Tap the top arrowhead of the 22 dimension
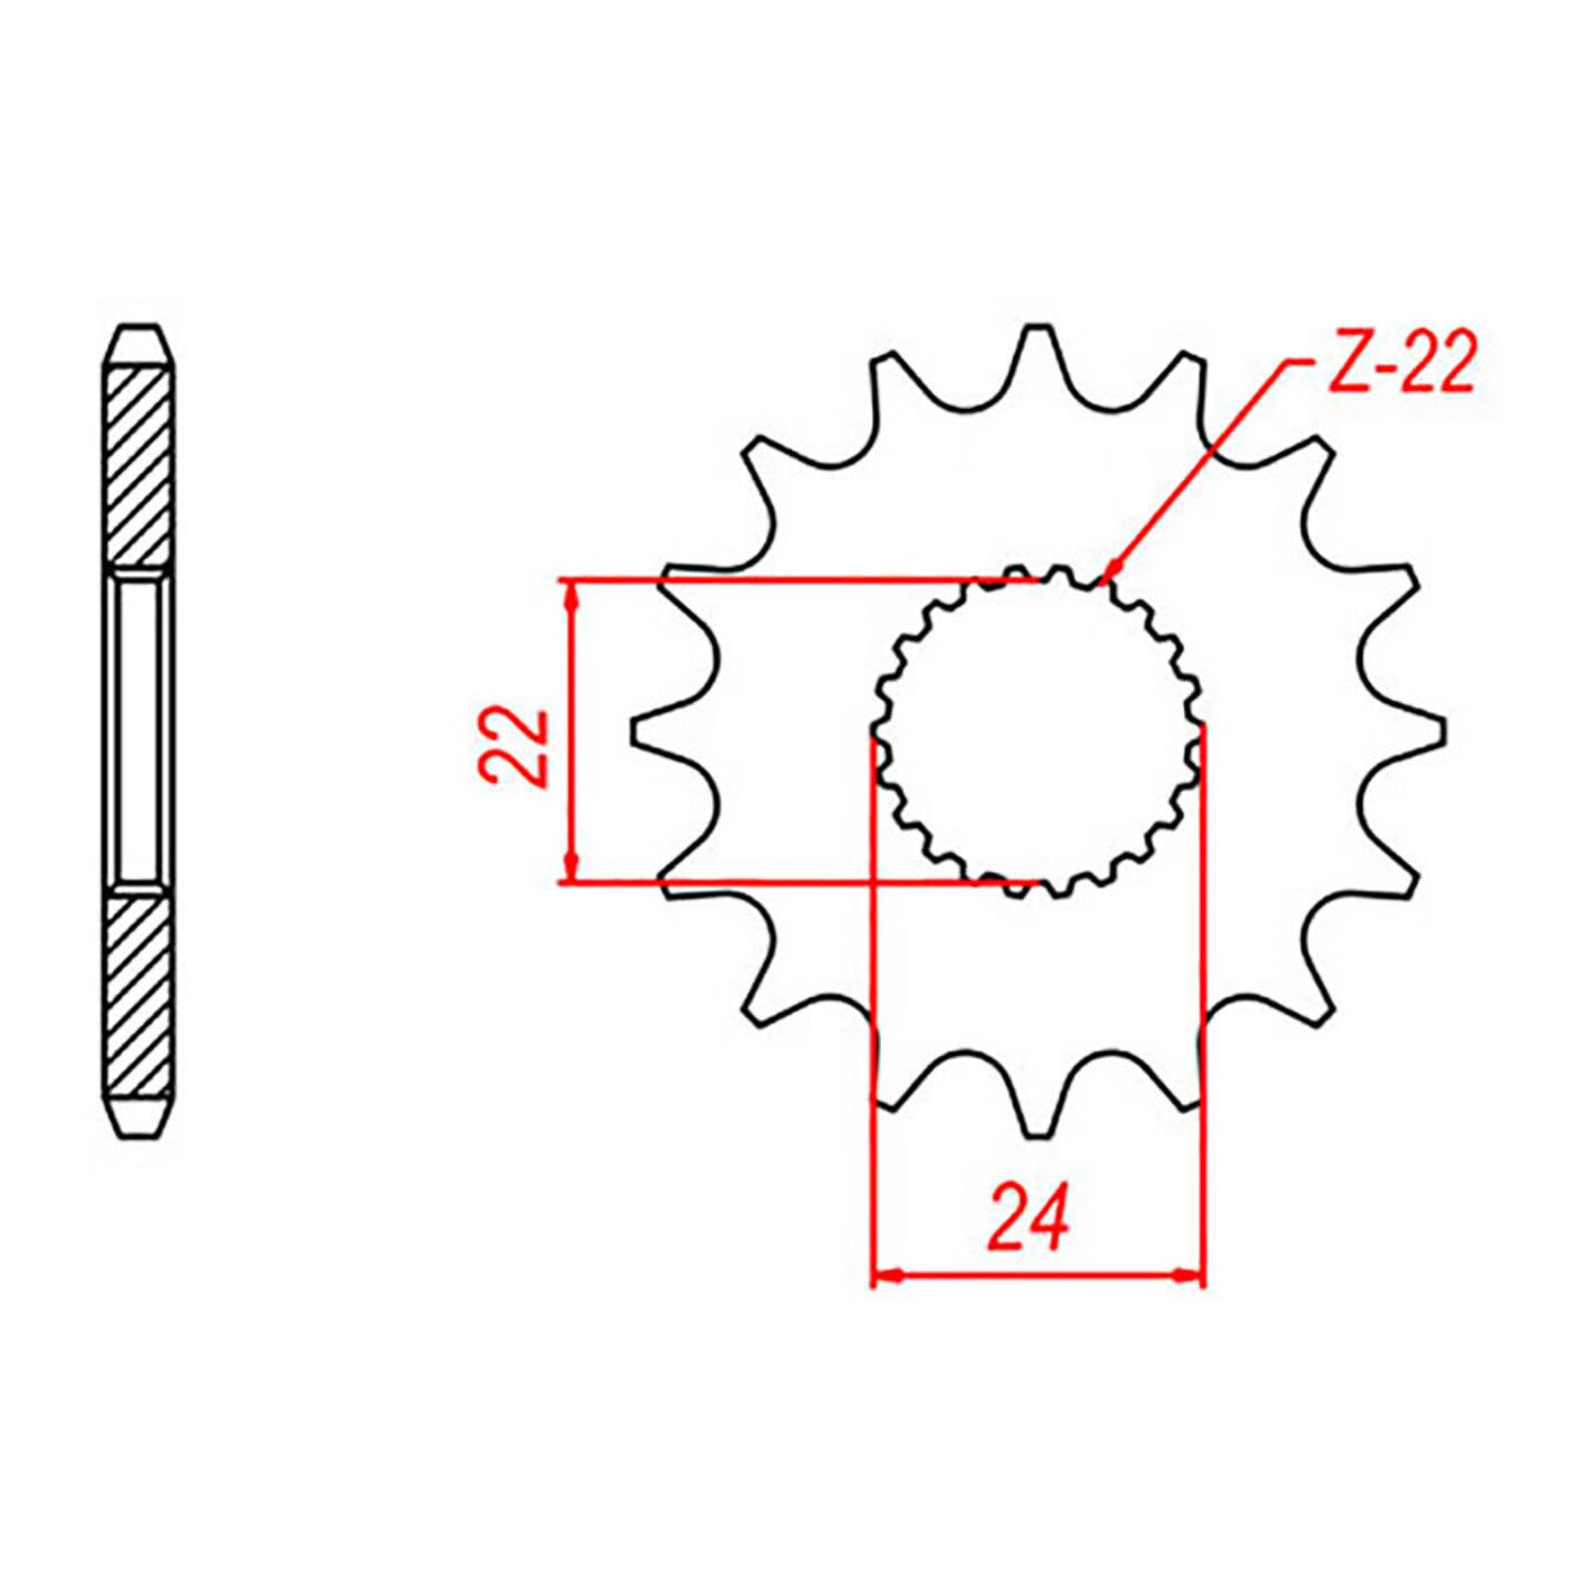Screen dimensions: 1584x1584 click(569, 594)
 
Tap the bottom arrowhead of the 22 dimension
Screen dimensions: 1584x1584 click(569, 866)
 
